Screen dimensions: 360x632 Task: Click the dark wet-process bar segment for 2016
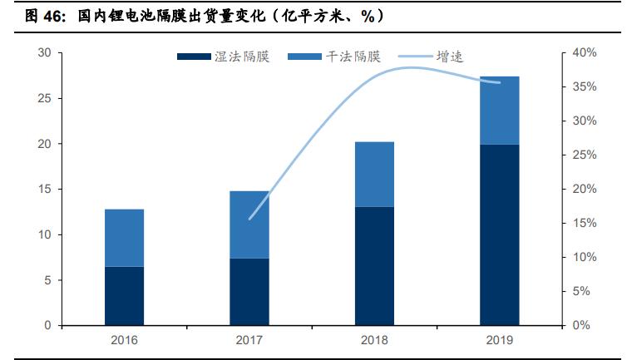point(124,296)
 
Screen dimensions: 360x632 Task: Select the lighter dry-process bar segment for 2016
point(124,238)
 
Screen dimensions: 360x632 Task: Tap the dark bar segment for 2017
point(249,292)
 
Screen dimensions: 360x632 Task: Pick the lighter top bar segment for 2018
point(374,174)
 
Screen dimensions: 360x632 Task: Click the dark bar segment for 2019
point(499,234)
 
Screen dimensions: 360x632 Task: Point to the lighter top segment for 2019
point(499,110)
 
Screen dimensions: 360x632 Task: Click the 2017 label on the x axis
point(249,340)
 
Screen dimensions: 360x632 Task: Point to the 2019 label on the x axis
point(499,340)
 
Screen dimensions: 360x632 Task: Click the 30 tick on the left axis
point(44,53)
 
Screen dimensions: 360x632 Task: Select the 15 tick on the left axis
point(44,190)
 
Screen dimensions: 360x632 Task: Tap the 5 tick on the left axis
point(47,280)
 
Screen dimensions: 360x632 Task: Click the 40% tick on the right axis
point(585,53)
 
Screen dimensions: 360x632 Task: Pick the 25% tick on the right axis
point(585,155)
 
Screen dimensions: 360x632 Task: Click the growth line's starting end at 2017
point(249,219)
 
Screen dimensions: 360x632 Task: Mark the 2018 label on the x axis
point(374,340)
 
